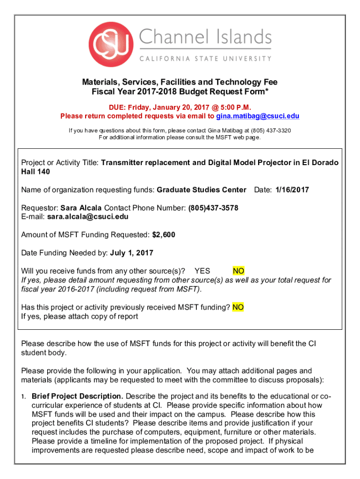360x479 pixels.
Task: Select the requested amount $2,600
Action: (164, 235)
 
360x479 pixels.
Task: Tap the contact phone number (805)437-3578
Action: (213, 208)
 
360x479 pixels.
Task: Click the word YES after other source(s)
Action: (202, 271)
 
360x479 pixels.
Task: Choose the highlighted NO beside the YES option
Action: (238, 271)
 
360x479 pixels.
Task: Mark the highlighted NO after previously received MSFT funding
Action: (238, 307)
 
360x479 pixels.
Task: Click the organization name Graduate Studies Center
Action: (202, 190)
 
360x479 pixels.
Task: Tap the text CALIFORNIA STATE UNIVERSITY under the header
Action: (205, 59)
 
